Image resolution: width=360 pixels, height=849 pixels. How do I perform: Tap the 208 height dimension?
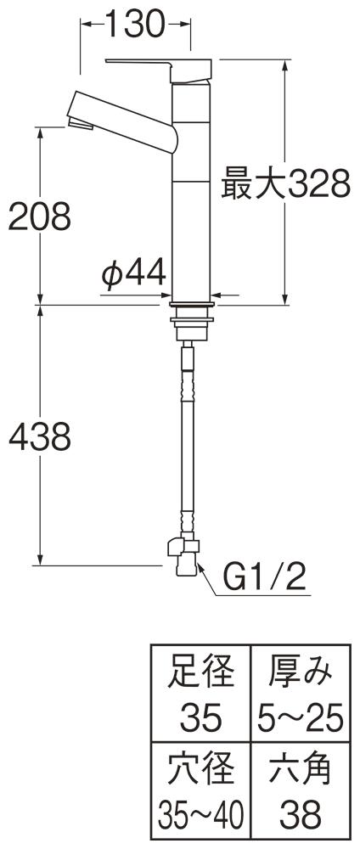coord(40,216)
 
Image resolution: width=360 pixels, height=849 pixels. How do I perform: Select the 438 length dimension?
coord(40,437)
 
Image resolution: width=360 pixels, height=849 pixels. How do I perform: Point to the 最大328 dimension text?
coord(286,184)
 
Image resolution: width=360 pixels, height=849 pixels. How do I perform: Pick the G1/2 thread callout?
coord(265,579)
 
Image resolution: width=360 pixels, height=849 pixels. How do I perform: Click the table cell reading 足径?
coord(201,672)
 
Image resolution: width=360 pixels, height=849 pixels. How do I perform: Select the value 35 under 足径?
coord(201,718)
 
